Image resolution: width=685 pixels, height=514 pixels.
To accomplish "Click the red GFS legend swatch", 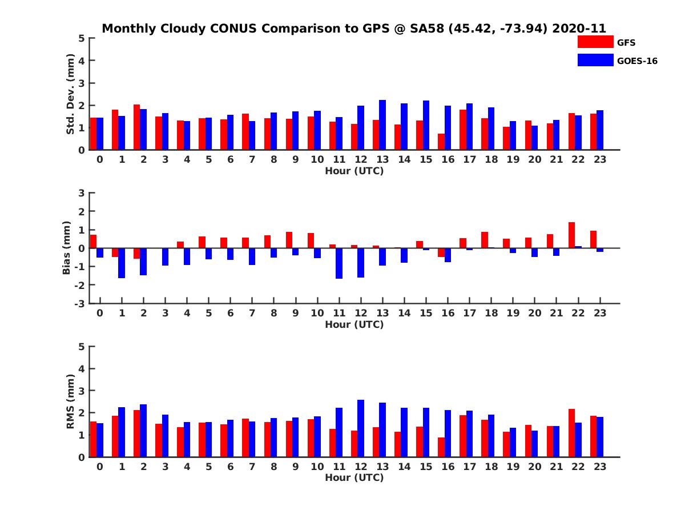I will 595,42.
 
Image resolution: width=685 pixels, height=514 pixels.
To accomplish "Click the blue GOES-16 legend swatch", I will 595,60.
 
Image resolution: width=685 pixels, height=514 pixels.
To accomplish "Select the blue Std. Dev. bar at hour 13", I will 382,125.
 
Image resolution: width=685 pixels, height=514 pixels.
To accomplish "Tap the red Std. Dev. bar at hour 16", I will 441,142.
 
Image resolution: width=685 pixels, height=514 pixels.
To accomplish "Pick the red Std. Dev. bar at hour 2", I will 137,127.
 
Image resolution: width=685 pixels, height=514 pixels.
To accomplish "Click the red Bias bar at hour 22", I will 571,235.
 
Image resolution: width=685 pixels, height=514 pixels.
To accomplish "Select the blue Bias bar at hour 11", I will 339,263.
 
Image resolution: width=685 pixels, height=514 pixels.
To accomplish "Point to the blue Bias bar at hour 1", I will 122,263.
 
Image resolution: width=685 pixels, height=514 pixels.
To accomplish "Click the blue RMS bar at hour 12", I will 361,428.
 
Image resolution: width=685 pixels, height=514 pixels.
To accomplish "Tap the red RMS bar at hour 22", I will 571,433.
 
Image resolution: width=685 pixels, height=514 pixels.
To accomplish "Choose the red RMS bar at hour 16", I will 441,447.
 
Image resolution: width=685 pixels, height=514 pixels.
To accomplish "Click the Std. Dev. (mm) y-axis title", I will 71,94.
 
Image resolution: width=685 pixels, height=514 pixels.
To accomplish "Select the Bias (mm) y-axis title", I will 67,248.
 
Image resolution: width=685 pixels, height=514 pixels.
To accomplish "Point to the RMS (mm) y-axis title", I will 71,401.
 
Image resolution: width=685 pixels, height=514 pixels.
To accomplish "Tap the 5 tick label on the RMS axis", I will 82,347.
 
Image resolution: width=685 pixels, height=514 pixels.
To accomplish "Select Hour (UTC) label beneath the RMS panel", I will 354,477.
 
